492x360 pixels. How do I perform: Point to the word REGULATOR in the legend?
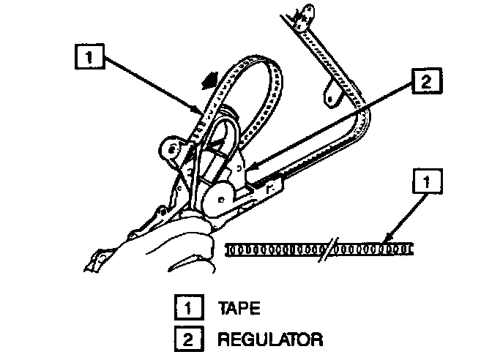tap(269, 340)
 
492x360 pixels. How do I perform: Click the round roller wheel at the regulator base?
tap(219, 197)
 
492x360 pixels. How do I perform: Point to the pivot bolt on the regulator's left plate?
tap(171, 149)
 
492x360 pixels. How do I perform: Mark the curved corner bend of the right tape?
tap(364, 117)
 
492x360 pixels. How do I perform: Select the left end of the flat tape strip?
tap(229, 250)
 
